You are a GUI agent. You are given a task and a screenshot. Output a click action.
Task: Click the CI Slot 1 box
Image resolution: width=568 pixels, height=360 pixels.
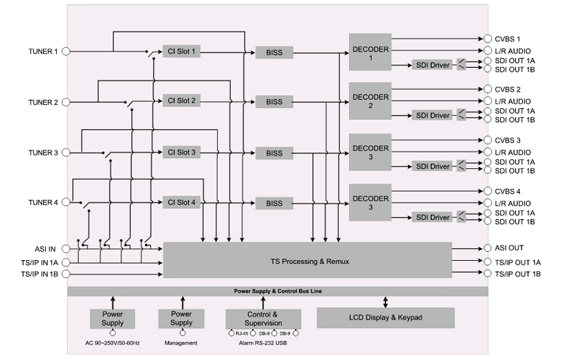coord(182,51)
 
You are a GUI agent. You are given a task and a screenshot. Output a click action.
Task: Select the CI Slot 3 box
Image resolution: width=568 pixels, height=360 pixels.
coord(182,152)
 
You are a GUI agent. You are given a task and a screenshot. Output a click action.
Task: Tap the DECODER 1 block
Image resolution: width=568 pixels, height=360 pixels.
coord(370,52)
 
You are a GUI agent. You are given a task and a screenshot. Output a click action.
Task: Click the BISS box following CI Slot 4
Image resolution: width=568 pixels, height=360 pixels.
coord(274,203)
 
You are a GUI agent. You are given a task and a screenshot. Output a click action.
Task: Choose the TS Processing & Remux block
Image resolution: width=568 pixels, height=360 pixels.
coord(307,260)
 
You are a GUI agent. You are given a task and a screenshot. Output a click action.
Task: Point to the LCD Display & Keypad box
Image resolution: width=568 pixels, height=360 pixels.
coord(385,318)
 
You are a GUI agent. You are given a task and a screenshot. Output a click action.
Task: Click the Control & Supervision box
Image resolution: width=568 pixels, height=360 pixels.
coord(263,318)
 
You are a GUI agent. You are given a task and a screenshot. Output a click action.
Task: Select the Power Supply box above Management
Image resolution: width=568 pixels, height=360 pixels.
coord(181,318)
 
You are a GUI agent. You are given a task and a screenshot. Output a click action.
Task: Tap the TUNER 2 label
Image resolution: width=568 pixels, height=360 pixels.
coord(43,103)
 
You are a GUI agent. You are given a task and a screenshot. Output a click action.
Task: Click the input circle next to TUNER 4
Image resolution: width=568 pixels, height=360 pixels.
coord(66,203)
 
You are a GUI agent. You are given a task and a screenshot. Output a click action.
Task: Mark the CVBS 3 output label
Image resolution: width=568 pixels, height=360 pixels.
coord(508,140)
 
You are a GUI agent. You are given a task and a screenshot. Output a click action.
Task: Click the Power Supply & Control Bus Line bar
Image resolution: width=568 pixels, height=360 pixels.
coord(278,292)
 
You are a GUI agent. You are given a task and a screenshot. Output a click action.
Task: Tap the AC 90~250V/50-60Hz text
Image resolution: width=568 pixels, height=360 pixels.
coord(113,343)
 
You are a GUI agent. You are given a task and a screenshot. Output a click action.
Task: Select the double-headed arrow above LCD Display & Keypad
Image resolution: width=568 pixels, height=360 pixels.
coord(385,302)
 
